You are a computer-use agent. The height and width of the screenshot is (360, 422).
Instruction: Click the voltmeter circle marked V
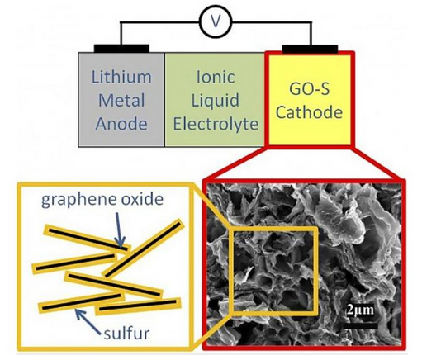tap(216, 22)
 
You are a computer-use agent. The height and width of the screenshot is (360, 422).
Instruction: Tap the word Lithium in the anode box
tap(121, 77)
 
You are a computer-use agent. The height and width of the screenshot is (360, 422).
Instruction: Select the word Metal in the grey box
tap(121, 100)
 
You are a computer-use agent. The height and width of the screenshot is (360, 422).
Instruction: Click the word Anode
tap(121, 124)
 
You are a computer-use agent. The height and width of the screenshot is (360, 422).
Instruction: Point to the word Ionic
tap(216, 77)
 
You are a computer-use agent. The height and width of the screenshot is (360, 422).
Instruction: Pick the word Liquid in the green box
tap(216, 101)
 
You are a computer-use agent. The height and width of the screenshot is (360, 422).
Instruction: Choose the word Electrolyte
tap(216, 124)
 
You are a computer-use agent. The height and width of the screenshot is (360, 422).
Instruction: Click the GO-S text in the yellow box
tap(310, 88)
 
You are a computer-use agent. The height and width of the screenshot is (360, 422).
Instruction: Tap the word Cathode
tap(310, 112)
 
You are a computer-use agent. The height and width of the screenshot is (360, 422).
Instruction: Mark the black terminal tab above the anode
tap(121, 49)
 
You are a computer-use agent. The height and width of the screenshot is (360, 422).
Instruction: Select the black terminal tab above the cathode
tap(311, 49)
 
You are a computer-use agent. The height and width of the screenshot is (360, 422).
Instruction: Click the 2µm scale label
tap(360, 310)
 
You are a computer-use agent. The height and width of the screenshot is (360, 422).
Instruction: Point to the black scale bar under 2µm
tap(360, 326)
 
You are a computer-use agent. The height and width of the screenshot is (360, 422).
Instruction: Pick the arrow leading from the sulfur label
tap(88, 320)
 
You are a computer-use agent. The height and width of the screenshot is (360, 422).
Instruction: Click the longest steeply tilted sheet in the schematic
tap(143, 249)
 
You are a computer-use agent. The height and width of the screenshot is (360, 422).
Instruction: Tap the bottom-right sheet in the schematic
tap(138, 306)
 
